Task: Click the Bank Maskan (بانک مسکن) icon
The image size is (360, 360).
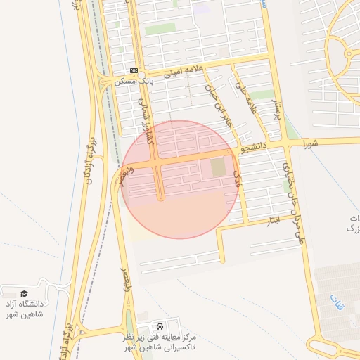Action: point(134,70)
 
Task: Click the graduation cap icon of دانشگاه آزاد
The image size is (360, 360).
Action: point(24,293)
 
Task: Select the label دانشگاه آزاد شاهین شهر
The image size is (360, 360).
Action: point(24,309)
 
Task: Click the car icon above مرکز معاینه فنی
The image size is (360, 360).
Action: point(161,327)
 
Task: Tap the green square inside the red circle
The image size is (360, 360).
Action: point(219,168)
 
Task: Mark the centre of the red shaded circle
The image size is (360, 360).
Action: point(180,179)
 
